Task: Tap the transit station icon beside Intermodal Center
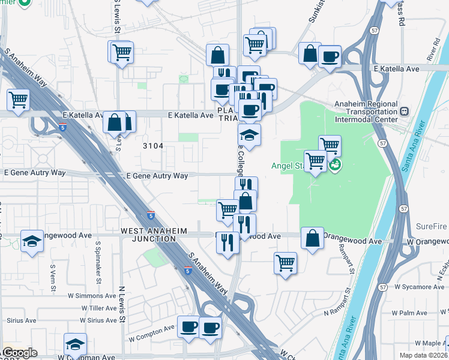pos(405,111)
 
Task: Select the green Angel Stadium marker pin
pos(335,164)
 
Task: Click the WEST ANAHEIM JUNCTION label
pos(154,235)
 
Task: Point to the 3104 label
pos(153,146)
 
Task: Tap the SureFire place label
pos(432,227)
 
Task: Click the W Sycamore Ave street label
pos(421,287)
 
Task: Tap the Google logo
pos(19,353)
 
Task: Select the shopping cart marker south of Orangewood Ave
pos(286,262)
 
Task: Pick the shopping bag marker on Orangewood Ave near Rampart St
pos(312,238)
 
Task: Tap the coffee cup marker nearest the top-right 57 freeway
pos(329,57)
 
